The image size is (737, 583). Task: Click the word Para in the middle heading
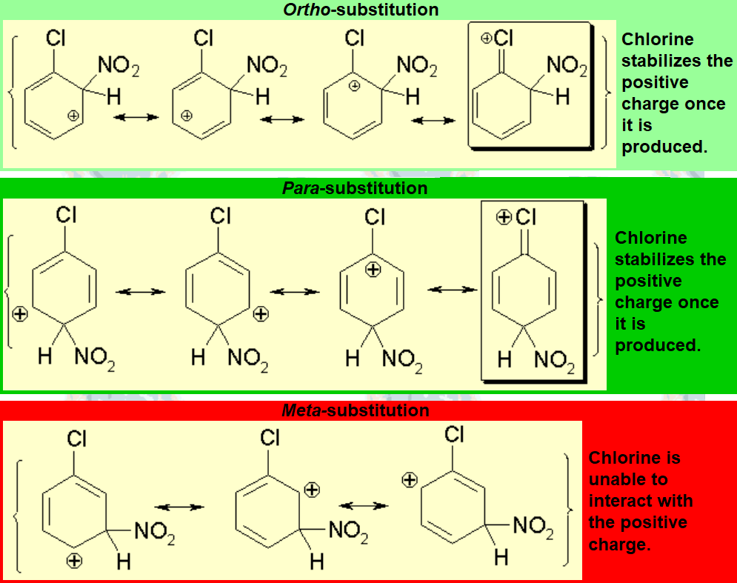[x=299, y=188]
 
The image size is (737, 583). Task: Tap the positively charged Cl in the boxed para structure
[x=524, y=217]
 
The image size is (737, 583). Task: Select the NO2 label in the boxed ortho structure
[x=566, y=67]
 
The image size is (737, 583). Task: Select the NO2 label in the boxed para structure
[x=554, y=361]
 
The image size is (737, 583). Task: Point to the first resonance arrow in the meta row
[x=179, y=507]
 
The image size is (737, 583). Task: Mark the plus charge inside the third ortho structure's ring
[x=355, y=86]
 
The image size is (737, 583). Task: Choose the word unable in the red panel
[x=627, y=479]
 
